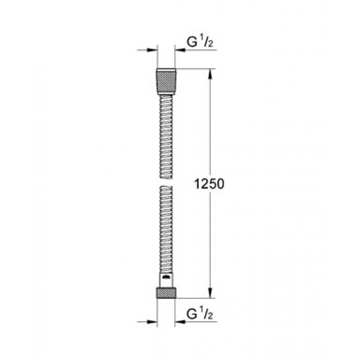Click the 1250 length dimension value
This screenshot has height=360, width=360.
209,184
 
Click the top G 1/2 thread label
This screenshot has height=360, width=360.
200,41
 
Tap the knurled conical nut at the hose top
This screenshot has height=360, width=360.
166,81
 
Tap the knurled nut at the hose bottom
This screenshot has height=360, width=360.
166,293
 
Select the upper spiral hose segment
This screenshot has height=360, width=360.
166,137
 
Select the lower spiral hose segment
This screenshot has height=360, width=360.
166,229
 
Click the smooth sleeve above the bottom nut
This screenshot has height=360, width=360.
166,280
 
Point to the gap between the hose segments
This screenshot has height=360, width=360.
166,182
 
